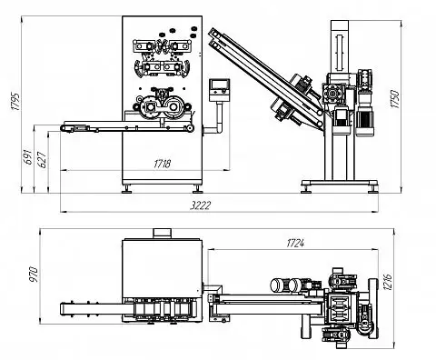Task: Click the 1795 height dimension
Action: coord(15,101)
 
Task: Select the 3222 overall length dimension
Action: coord(200,205)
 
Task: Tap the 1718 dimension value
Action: coord(163,164)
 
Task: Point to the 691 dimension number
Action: coord(28,156)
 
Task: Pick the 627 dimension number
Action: coord(43,159)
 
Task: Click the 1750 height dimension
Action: coord(395,98)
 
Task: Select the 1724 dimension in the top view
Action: coord(295,243)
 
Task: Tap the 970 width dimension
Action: coord(34,274)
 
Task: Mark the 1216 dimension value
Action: coord(388,282)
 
